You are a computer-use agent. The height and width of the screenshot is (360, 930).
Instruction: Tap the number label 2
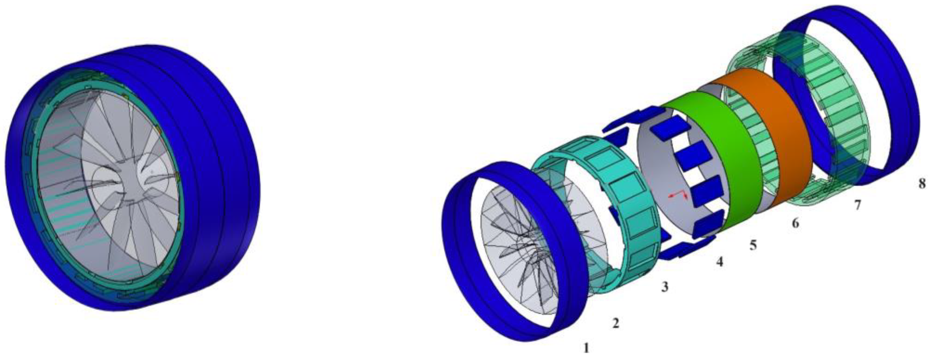pos(616,323)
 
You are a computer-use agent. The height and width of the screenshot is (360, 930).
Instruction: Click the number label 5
pos(753,245)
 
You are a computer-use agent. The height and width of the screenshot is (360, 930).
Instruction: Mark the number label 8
pos(922,183)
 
